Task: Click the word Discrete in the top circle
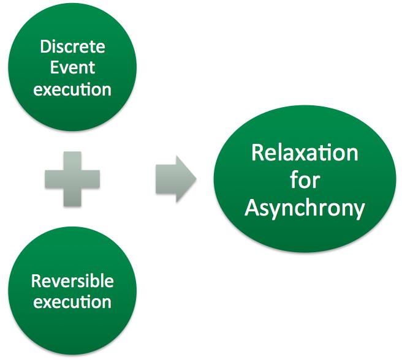pos(72,47)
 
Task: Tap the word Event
pos(72,68)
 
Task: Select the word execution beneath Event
pos(72,89)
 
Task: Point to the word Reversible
pos(72,281)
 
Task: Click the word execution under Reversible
pos(72,302)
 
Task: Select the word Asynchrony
pos(305,208)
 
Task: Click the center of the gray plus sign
pos(72,179)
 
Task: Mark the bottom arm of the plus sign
pos(72,197)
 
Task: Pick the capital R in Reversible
pos(36,281)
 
